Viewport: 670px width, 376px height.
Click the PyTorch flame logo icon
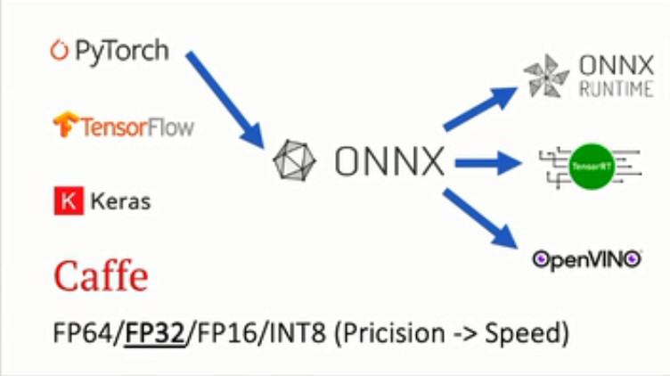click(59, 50)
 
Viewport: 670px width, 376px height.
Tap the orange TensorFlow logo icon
click(65, 124)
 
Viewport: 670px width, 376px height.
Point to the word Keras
click(118, 200)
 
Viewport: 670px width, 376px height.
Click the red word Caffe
click(101, 276)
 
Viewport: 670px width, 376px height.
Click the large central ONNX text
click(389, 162)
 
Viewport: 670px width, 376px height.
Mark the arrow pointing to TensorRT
click(486, 162)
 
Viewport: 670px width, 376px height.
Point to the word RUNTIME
click(617, 89)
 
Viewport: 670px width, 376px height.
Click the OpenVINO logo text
click(587, 259)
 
